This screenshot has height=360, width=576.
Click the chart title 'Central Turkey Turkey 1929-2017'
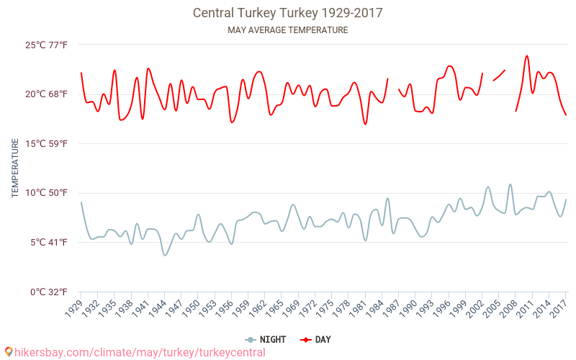pos(287,13)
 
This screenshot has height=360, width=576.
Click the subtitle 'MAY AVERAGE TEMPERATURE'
pos(287,30)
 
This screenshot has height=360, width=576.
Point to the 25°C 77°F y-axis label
pos(47,45)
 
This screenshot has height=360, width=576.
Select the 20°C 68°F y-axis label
pos(47,94)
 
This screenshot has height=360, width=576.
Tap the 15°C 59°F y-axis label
pos(47,143)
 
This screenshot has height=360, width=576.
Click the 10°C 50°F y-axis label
pos(47,193)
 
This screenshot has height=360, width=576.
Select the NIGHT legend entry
pos(264,339)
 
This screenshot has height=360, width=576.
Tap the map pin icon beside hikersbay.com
pos(8,352)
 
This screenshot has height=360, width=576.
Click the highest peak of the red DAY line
pos(527,55)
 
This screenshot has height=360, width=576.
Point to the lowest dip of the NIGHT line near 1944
pos(165,255)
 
